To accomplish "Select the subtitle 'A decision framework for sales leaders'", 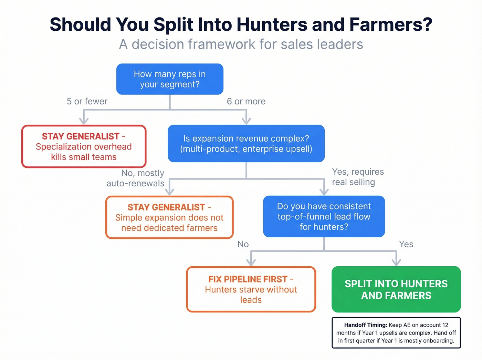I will (x=241, y=44).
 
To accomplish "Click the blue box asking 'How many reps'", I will (x=170, y=79).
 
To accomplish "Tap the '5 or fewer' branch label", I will (x=87, y=101).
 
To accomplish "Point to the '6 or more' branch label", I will (x=246, y=101).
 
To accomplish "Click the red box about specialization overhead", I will (x=84, y=147).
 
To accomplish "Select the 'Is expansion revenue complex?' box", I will (x=246, y=144).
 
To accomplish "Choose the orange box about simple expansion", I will (x=169, y=217).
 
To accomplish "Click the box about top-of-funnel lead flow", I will (x=324, y=216).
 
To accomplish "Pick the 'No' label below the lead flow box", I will (x=243, y=244).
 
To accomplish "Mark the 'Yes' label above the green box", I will (x=406, y=244).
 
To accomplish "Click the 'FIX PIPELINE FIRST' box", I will (x=251, y=289).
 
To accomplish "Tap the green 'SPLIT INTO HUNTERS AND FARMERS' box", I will (x=396, y=289).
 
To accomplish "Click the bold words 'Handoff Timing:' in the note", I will (x=366, y=325).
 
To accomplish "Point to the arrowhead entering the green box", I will (x=396, y=263).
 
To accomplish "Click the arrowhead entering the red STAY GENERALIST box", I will (x=84, y=121).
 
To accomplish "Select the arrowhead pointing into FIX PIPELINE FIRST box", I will (x=251, y=263).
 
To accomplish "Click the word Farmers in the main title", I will (x=391, y=25).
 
